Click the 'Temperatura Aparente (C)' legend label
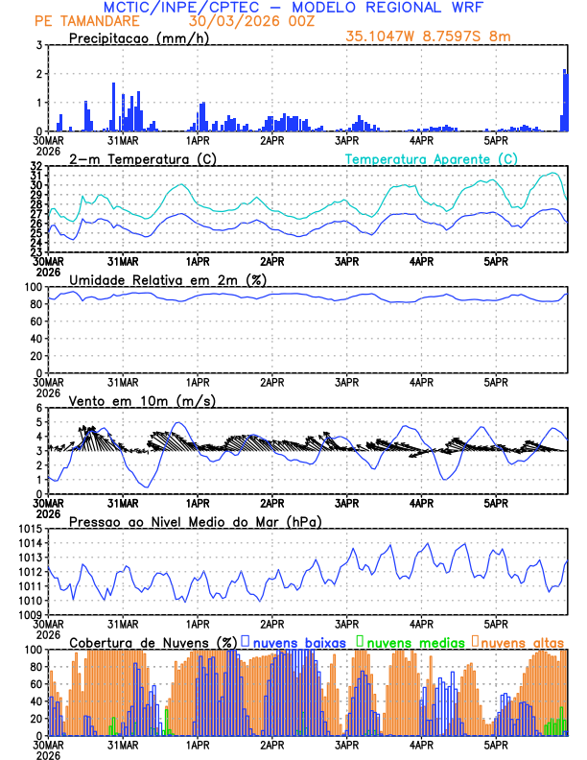click(x=432, y=158)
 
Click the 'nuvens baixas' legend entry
click(x=293, y=642)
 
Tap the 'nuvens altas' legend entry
click(x=522, y=642)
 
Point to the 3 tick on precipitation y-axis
click(x=37, y=45)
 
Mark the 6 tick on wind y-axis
click(x=37, y=408)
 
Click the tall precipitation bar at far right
click(x=565, y=100)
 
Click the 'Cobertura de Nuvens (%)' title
click(x=152, y=642)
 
